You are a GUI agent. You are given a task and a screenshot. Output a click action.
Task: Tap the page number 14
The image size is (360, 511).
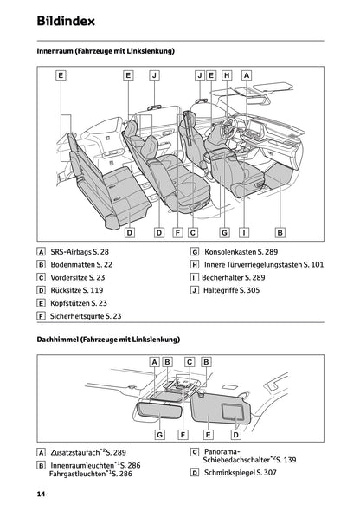(41, 494)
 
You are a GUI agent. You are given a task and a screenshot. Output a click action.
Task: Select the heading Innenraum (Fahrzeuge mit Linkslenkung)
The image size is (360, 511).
(106, 52)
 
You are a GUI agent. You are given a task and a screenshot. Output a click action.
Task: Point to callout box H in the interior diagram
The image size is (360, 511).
(227, 75)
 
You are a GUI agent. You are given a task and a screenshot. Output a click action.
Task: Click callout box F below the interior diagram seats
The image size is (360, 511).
(177, 232)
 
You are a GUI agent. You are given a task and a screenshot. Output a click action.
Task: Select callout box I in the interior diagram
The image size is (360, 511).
(245, 232)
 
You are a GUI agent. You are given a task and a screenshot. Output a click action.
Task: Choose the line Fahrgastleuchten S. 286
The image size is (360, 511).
(91, 475)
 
